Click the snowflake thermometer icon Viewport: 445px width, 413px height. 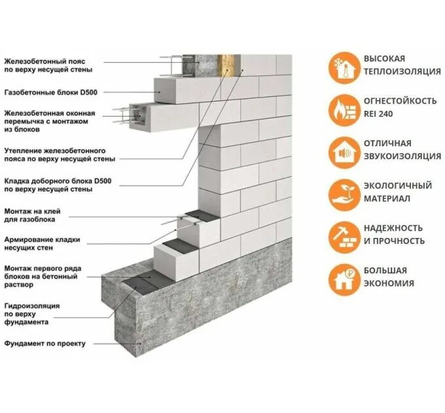tap(342, 66)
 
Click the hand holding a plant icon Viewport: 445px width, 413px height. tap(342, 191)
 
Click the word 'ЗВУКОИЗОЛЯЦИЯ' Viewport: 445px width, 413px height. tap(402, 156)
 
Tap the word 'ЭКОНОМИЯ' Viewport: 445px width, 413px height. tap(389, 283)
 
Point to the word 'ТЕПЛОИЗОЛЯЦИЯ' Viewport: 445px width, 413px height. tap(402, 71)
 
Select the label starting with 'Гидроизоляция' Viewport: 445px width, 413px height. tap(32, 314)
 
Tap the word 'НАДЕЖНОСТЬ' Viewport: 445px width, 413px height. tap(393, 228)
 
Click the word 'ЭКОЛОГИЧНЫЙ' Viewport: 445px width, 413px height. tap(398, 186)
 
